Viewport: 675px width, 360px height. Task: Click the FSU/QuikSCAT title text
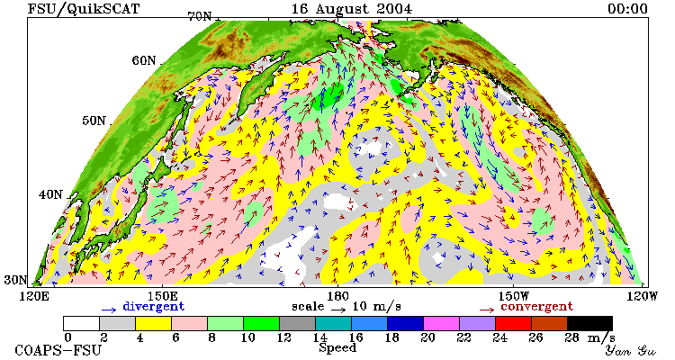(84, 9)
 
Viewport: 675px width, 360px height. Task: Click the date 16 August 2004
(351, 9)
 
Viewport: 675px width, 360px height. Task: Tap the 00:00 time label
(627, 9)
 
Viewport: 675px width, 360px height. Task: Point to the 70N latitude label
(199, 16)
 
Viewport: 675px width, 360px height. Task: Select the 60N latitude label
(144, 60)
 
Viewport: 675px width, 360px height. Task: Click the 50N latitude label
(94, 120)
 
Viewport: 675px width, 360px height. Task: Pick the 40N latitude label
(50, 194)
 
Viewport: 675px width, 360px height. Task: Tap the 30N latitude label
(15, 280)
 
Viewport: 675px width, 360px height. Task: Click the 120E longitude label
(35, 296)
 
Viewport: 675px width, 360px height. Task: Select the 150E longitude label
(162, 296)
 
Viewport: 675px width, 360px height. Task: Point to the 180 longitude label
(337, 296)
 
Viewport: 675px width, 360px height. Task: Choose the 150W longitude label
(513, 296)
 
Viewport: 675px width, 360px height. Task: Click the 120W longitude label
(642, 296)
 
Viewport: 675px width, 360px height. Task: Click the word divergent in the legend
(154, 307)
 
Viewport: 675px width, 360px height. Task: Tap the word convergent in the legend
(536, 307)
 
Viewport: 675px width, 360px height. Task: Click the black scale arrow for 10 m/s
(338, 310)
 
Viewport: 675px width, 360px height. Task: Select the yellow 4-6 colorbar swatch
(153, 323)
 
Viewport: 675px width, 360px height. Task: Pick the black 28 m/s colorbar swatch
(589, 323)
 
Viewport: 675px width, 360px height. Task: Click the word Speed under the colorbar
(337, 347)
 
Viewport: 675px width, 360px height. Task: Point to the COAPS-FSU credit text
(58, 350)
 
